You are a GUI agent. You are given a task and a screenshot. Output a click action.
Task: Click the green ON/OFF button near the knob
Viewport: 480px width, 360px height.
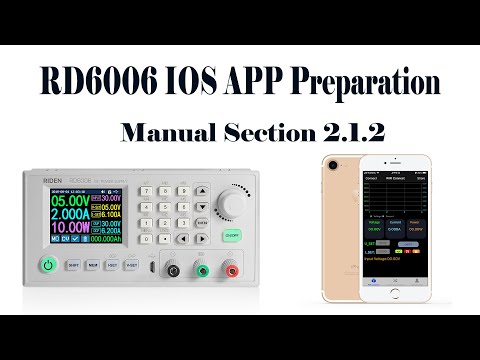pyautogui.click(x=233, y=238)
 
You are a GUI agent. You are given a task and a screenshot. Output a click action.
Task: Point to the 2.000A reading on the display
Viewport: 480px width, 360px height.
pyautogui.click(x=63, y=214)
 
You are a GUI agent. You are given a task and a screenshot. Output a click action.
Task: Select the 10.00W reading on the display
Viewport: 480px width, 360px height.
pyautogui.click(x=63, y=229)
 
